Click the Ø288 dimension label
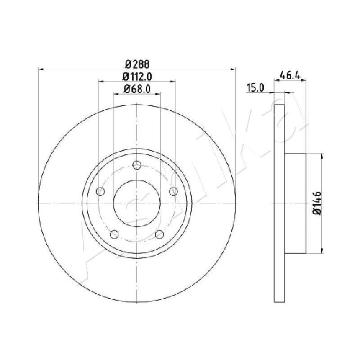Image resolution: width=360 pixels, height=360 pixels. (137, 64)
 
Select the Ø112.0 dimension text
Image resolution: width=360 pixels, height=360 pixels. (137, 76)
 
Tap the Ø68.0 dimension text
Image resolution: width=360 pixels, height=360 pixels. (137, 89)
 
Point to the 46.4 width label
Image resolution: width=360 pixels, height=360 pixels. (290, 75)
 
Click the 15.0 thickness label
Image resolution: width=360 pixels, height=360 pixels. (255, 87)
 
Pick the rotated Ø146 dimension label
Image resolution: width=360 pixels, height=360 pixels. (317, 203)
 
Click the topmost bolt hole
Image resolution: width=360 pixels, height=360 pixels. (137, 165)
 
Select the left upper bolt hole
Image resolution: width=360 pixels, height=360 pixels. (100, 191)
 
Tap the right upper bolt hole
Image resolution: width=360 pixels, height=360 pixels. (174, 191)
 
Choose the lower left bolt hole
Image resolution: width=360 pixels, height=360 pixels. (114, 234)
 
